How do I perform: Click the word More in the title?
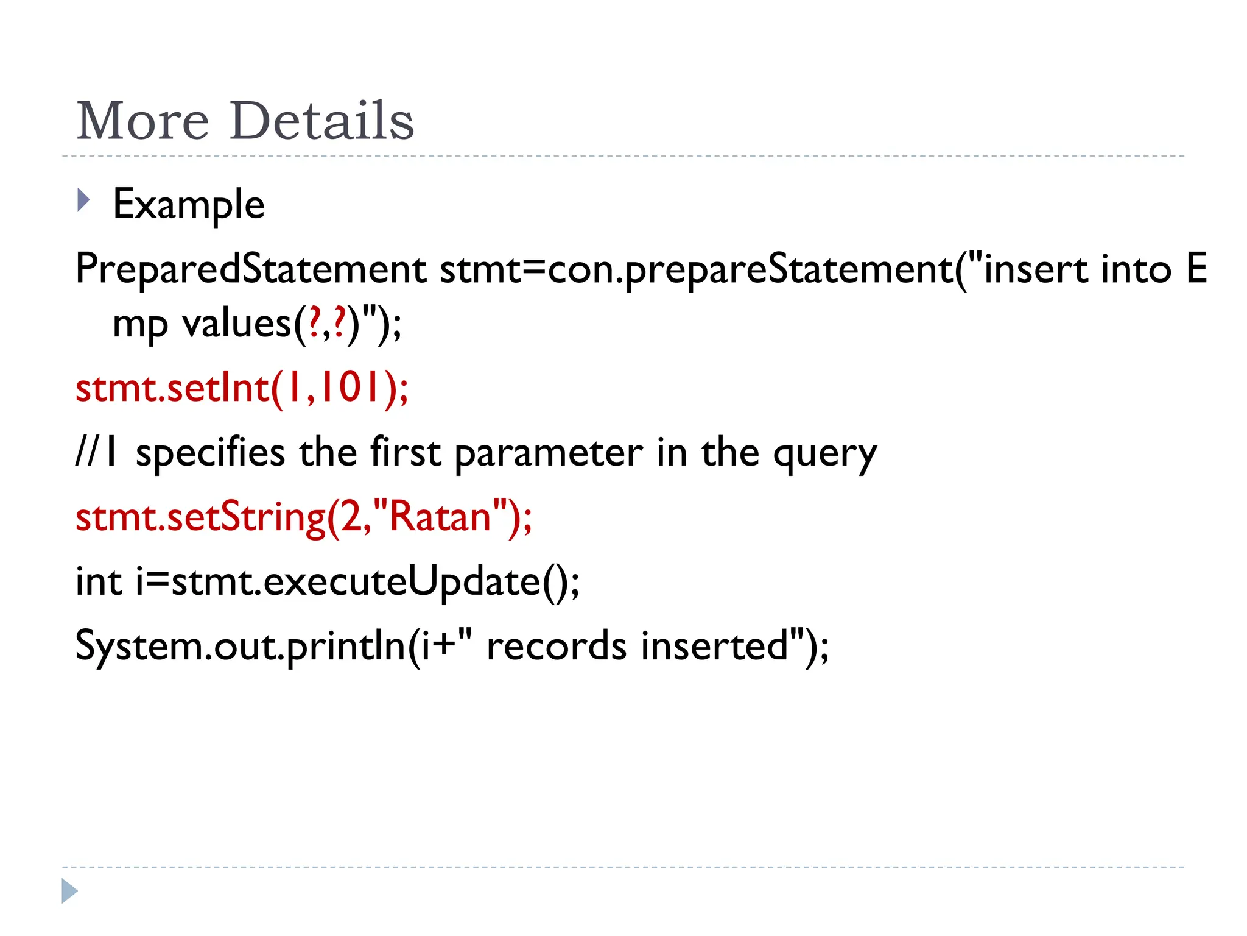pyautogui.click(x=142, y=121)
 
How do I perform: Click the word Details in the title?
pyautogui.click(x=322, y=121)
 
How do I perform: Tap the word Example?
pyautogui.click(x=189, y=204)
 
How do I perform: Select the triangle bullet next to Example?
pyautogui.click(x=83, y=200)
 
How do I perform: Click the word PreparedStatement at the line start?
pyautogui.click(x=250, y=269)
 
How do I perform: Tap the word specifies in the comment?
pyautogui.click(x=210, y=453)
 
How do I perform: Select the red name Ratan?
pyautogui.click(x=440, y=517)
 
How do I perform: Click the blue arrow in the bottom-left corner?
pyautogui.click(x=69, y=891)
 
